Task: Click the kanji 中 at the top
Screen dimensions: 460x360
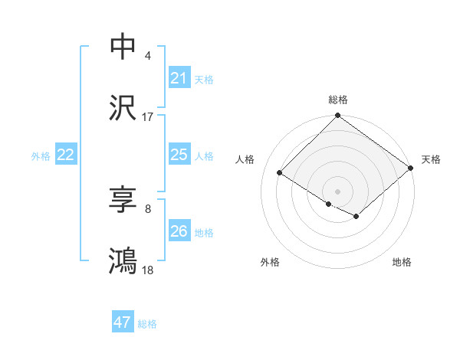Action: click(x=123, y=47)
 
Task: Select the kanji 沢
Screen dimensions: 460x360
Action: click(x=123, y=109)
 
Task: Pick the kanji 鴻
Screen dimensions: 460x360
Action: click(x=123, y=261)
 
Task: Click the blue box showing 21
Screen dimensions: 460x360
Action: click(x=179, y=77)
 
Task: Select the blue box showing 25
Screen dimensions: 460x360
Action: click(x=179, y=155)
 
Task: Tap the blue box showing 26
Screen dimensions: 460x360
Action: click(x=179, y=231)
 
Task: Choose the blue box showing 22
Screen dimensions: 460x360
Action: click(x=65, y=155)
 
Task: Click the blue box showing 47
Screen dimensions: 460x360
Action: click(x=122, y=322)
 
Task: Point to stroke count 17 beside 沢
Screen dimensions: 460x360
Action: click(x=148, y=117)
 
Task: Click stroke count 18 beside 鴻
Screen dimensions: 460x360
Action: click(x=148, y=270)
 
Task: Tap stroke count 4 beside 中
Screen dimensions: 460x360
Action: click(x=148, y=56)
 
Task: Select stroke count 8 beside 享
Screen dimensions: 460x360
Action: click(x=148, y=208)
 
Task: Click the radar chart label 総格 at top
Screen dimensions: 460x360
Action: click(x=337, y=100)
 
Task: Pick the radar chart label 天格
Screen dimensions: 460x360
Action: click(x=431, y=159)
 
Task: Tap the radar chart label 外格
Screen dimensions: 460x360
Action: click(x=270, y=262)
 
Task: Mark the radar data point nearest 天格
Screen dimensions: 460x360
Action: click(x=411, y=169)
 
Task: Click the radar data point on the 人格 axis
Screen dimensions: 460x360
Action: click(x=280, y=172)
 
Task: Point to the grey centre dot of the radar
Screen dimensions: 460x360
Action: click(x=337, y=190)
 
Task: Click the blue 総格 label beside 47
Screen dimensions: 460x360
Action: click(x=147, y=323)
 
